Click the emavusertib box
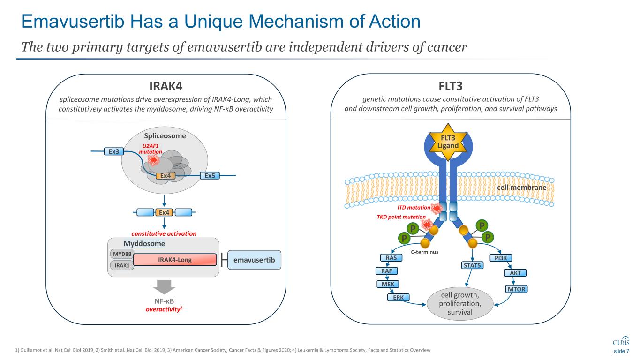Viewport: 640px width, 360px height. point(254,260)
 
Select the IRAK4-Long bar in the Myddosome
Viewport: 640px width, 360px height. point(177,260)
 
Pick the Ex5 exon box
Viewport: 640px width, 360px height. point(210,176)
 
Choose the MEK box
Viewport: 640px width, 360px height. point(388,284)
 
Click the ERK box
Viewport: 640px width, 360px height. point(399,297)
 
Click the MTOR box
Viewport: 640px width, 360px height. point(517,289)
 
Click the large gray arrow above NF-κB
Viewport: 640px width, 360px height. point(165,287)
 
